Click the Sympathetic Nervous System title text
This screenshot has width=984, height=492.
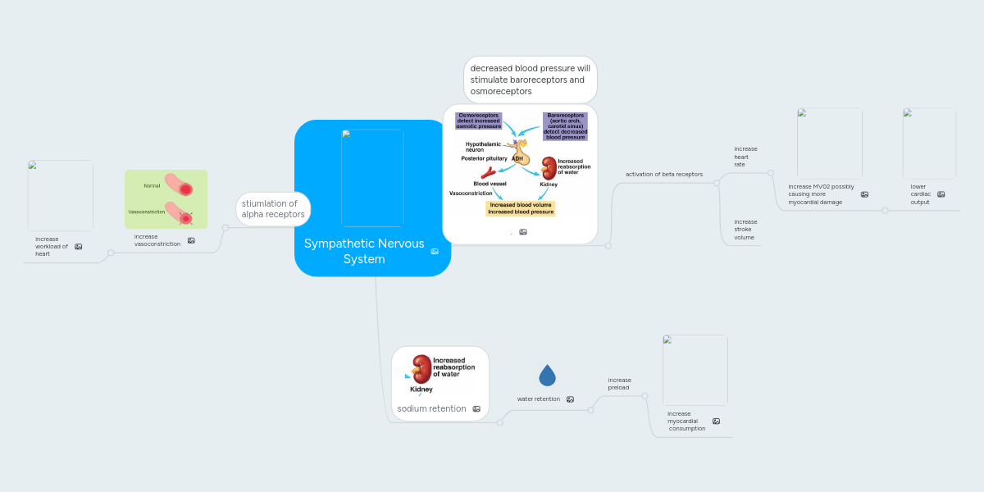click(x=364, y=251)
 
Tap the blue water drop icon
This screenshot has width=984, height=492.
click(x=547, y=375)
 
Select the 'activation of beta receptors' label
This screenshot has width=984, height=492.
click(x=663, y=175)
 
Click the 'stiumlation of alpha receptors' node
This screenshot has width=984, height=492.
click(x=273, y=209)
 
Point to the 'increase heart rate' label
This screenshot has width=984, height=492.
click(x=745, y=157)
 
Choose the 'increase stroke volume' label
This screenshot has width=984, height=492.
click(x=745, y=230)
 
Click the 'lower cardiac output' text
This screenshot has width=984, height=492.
click(x=920, y=194)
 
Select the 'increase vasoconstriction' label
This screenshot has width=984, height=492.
click(x=157, y=240)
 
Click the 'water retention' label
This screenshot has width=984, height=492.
click(x=538, y=399)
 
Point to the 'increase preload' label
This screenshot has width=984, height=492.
click(x=619, y=384)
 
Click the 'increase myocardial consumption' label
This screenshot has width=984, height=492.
click(x=686, y=421)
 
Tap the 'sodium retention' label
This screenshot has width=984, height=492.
click(x=431, y=408)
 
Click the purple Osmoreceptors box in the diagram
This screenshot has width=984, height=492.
click(x=478, y=121)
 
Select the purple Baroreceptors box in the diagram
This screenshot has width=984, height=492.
click(x=565, y=126)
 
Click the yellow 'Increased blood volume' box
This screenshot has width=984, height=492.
click(x=521, y=208)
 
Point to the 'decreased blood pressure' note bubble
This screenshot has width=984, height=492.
click(x=530, y=80)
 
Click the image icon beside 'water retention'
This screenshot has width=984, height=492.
click(x=570, y=399)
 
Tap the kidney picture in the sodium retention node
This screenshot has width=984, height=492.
click(x=421, y=370)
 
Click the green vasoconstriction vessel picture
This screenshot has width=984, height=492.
click(x=166, y=198)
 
